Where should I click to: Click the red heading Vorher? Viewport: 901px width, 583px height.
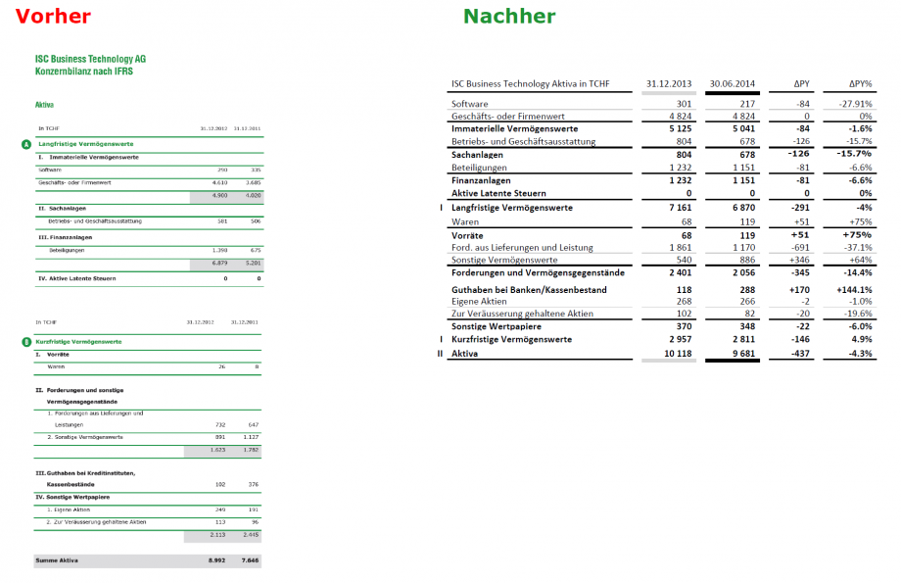[54, 17]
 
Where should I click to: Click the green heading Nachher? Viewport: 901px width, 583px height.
[509, 17]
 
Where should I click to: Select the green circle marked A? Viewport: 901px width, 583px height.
[25, 144]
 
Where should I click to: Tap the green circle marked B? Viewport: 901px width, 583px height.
[25, 342]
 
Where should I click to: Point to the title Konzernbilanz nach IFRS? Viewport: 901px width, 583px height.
[83, 72]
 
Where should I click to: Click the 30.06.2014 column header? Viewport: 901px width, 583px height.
[733, 83]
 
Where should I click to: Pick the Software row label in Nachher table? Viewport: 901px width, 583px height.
[469, 104]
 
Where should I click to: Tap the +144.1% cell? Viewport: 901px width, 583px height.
[853, 290]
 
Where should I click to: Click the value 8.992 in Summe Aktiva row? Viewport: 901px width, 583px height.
[218, 560]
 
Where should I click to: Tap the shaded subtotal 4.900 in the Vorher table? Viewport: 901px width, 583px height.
[218, 195]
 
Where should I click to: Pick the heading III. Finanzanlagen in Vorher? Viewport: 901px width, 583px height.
[68, 237]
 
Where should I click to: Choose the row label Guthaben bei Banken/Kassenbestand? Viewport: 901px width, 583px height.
[528, 290]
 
